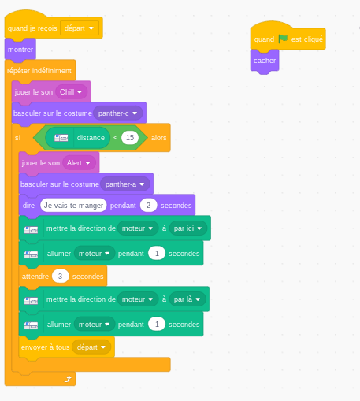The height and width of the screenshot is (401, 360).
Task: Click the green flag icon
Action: click(x=283, y=39)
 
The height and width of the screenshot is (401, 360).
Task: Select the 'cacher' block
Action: click(x=265, y=61)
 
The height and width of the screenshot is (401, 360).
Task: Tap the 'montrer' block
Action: click(x=20, y=50)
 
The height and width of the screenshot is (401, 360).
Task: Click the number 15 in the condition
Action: click(x=130, y=138)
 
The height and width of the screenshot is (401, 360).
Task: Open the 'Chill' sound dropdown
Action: click(x=71, y=92)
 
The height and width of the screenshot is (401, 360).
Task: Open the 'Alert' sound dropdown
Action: click(x=79, y=163)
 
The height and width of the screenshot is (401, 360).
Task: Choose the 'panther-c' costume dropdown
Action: click(x=118, y=113)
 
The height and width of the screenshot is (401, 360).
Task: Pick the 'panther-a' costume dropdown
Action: click(x=125, y=184)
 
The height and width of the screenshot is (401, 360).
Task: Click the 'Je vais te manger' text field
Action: click(x=73, y=206)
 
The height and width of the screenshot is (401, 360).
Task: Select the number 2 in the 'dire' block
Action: click(x=148, y=206)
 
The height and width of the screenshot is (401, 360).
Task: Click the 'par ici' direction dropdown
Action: click(x=188, y=228)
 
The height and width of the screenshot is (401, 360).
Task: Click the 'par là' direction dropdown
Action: click(x=187, y=299)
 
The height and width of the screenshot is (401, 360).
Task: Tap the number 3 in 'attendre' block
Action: click(x=60, y=277)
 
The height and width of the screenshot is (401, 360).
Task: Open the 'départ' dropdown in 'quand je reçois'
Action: click(x=80, y=28)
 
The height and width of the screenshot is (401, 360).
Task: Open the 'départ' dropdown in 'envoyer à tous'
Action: click(x=91, y=347)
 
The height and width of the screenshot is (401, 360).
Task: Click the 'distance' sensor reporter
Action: click(x=78, y=138)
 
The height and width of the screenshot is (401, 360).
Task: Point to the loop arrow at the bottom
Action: click(x=68, y=379)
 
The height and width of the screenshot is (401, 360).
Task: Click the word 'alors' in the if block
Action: click(x=158, y=138)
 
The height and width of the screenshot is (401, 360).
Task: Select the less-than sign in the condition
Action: click(x=115, y=137)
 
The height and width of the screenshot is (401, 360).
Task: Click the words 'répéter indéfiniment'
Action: click(x=39, y=71)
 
